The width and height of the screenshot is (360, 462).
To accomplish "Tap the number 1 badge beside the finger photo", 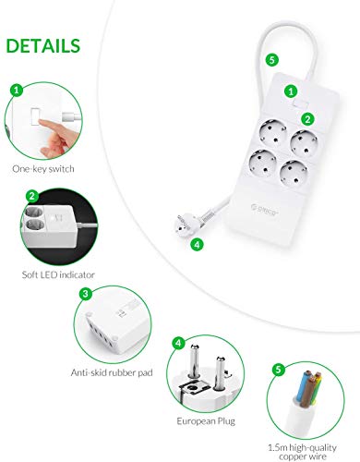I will (x=16, y=91).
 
